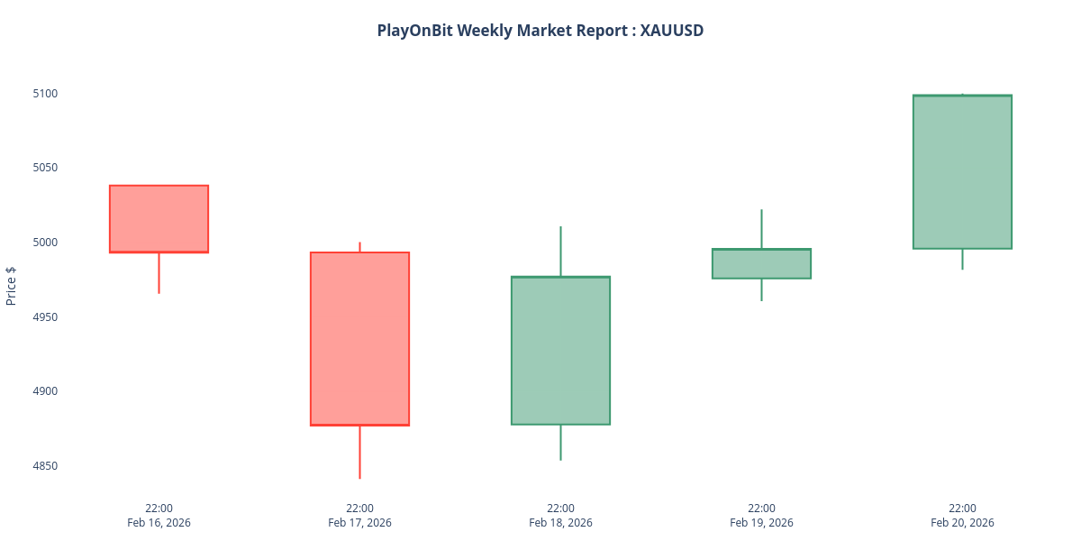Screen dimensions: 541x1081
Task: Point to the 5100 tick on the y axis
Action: coord(45,93)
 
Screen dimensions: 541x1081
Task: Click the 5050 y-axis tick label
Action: coord(45,168)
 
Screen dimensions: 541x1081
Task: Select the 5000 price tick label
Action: coord(45,243)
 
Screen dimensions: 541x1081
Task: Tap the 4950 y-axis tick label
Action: coord(45,317)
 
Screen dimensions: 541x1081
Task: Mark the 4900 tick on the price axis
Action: coord(45,391)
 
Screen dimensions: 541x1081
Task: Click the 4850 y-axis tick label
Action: coord(45,466)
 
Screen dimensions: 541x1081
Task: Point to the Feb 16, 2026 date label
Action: coord(159,523)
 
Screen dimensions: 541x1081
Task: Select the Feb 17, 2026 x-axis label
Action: coord(359,523)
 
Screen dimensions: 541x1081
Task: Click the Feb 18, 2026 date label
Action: coord(560,523)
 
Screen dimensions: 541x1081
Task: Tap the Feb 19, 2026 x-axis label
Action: coord(761,523)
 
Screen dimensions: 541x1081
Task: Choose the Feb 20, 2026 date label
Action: coord(962,523)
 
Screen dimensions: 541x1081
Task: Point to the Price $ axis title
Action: coord(11,286)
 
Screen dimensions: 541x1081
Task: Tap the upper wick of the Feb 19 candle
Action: coord(761,228)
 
